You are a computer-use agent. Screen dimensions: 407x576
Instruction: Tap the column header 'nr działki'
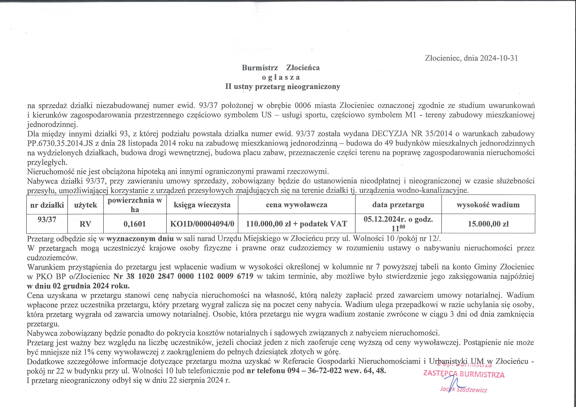coord(47,205)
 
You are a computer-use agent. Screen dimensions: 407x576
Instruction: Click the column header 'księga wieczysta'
coord(202,205)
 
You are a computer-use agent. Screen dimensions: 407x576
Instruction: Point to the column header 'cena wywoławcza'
coord(297,205)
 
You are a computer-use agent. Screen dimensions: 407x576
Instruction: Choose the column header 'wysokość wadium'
coord(488,205)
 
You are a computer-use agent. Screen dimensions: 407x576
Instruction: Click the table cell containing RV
coord(85,224)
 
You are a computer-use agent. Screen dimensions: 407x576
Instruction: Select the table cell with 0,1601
coord(135,224)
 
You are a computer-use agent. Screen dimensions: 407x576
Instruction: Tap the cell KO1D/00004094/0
coord(202,224)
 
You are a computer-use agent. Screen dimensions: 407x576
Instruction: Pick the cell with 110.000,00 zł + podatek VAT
coord(297,224)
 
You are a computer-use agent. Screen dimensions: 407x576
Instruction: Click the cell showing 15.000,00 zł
coord(488,224)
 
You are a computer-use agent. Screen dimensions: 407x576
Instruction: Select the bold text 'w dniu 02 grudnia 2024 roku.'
coord(78,286)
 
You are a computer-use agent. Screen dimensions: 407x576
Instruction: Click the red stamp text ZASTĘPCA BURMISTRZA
coord(464,374)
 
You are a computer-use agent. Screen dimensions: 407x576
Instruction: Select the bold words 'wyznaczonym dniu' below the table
coord(140,238)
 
